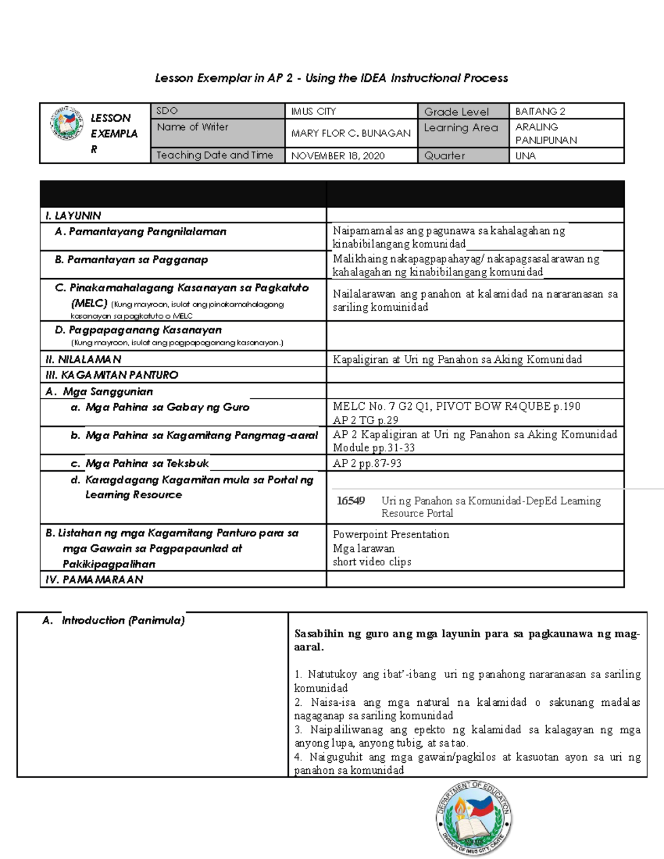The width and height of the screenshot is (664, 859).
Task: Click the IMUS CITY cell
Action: [x=314, y=111]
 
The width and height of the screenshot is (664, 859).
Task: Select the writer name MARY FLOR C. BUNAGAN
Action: [x=351, y=133]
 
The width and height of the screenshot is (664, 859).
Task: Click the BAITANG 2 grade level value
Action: [x=540, y=111]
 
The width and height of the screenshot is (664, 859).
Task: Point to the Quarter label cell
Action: [x=444, y=156]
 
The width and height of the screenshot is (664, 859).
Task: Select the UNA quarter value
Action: [x=526, y=156]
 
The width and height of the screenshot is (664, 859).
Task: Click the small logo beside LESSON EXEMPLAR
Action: [x=66, y=123]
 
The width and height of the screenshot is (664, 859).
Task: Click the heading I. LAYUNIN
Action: [x=73, y=216]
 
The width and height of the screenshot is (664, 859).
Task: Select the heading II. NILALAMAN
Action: [x=83, y=360]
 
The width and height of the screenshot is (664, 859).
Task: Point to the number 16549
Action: [x=351, y=501]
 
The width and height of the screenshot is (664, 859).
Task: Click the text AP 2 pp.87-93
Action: [x=367, y=464]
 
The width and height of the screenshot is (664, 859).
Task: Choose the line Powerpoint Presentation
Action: [x=391, y=534]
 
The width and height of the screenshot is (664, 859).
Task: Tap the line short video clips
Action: [x=372, y=562]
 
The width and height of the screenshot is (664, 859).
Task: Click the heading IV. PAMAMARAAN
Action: [x=94, y=580]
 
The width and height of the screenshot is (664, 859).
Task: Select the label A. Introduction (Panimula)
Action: [x=113, y=621]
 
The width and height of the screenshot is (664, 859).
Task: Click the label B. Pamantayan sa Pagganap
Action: [x=131, y=259]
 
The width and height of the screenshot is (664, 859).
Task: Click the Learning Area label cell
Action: [x=460, y=128]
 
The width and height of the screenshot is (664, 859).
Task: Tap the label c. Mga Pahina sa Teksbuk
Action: [x=139, y=464]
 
